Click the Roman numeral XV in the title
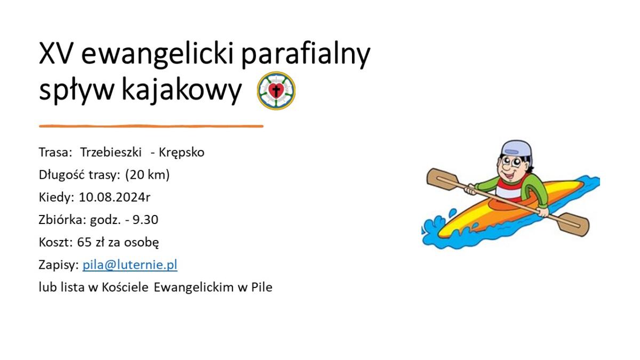pyautogui.click(x=55, y=53)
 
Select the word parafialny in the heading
pyautogui.click(x=306, y=55)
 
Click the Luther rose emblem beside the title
pyautogui.click(x=276, y=91)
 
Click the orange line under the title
pyautogui.click(x=151, y=126)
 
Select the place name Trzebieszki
pyautogui.click(x=111, y=152)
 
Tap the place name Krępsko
pyautogui.click(x=181, y=153)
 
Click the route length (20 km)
pyautogui.click(x=147, y=175)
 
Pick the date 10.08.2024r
pyautogui.click(x=115, y=197)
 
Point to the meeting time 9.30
pyautogui.click(x=146, y=220)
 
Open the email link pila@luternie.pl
pyautogui.click(x=130, y=265)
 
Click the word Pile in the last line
pyautogui.click(x=262, y=287)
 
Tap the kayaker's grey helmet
pyautogui.click(x=517, y=149)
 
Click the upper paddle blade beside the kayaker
pyautogui.click(x=442, y=179)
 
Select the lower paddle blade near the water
pyautogui.click(x=573, y=225)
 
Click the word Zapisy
pyautogui.click(x=59, y=266)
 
